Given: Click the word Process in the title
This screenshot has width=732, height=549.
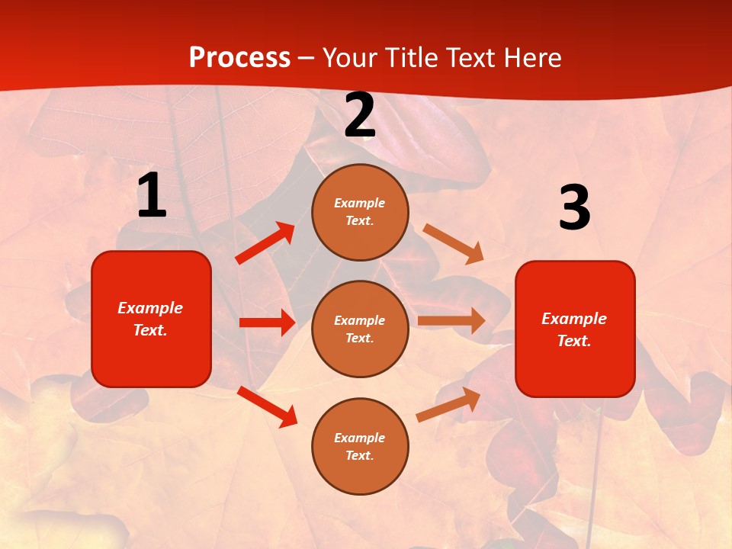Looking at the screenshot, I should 239,58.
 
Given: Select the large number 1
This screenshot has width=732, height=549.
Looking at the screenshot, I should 152,196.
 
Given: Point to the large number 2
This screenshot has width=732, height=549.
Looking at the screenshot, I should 360,116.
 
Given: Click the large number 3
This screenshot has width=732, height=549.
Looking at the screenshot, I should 574,208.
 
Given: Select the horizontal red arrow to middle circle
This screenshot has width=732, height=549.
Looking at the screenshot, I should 267,323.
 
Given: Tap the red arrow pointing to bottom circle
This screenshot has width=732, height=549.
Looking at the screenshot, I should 267,406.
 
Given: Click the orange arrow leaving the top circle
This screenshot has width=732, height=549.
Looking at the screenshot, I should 453,243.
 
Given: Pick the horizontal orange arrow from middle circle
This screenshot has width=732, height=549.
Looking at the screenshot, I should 451,321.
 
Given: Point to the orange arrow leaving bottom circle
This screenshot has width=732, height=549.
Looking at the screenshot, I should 448,404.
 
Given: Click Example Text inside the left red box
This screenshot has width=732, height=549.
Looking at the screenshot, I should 150,319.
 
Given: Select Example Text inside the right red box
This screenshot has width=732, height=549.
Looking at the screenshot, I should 574,329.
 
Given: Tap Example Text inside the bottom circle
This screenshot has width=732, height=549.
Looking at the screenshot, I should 360,447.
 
